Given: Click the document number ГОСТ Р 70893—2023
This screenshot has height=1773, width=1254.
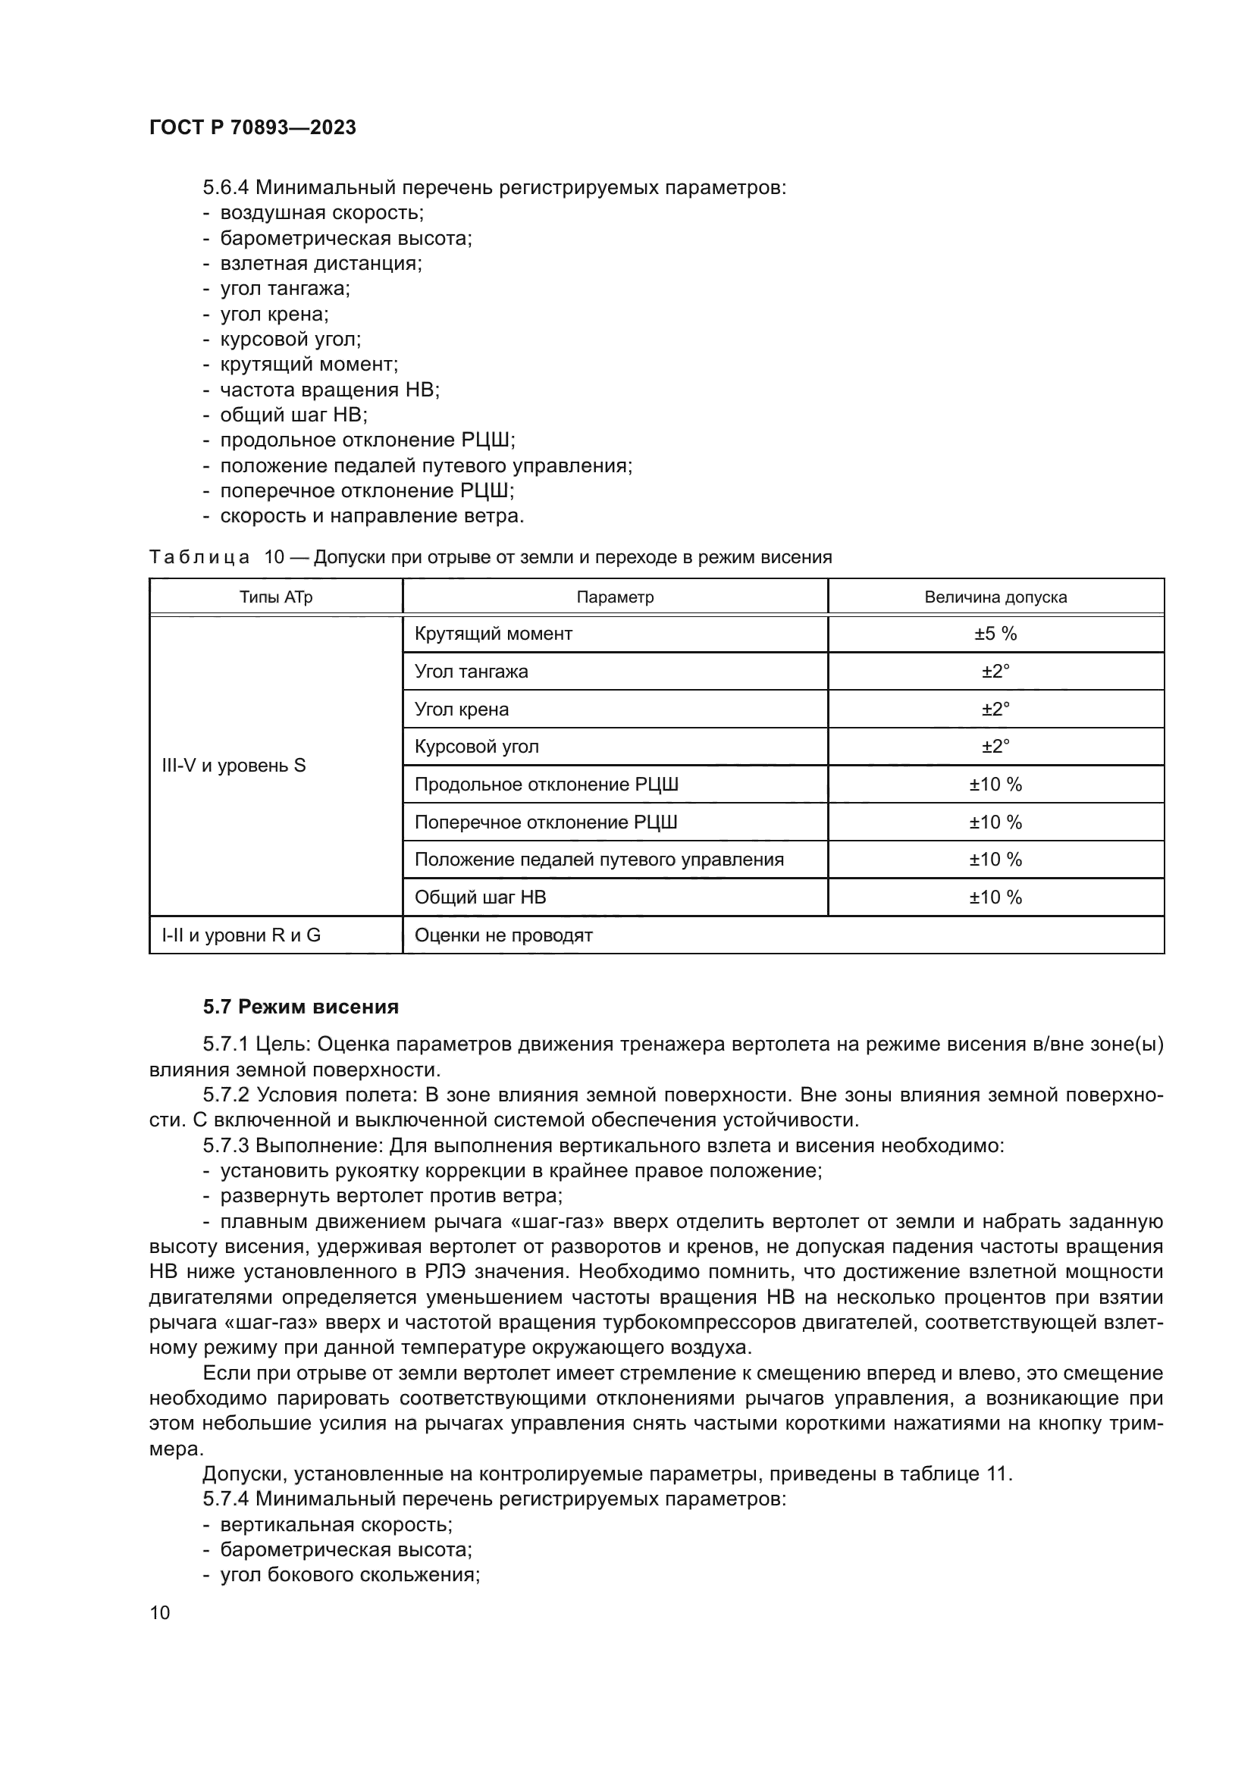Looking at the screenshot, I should tap(252, 127).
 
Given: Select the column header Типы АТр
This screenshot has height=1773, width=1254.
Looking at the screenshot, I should tap(276, 597).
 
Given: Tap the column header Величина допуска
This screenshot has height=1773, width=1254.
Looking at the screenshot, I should tap(995, 597).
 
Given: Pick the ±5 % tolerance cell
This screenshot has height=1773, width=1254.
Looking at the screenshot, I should tap(995, 634).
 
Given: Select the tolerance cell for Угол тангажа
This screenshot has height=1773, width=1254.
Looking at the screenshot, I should tap(995, 671).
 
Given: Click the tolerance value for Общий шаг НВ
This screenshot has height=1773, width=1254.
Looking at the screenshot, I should tap(995, 897).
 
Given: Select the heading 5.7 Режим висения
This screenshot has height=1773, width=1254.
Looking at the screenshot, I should tap(301, 1007).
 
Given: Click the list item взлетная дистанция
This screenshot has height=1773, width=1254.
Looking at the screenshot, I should tap(321, 263).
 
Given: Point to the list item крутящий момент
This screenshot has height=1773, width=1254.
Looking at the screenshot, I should tap(309, 364).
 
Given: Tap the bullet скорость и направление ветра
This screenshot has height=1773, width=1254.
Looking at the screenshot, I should tap(371, 516).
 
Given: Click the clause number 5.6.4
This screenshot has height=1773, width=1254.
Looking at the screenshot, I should tap(225, 188).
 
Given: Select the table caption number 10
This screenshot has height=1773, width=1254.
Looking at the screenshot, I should tap(274, 557).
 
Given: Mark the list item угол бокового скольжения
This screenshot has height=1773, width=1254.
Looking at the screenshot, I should tap(350, 1575).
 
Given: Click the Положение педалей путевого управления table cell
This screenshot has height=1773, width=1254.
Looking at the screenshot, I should tap(598, 860).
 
